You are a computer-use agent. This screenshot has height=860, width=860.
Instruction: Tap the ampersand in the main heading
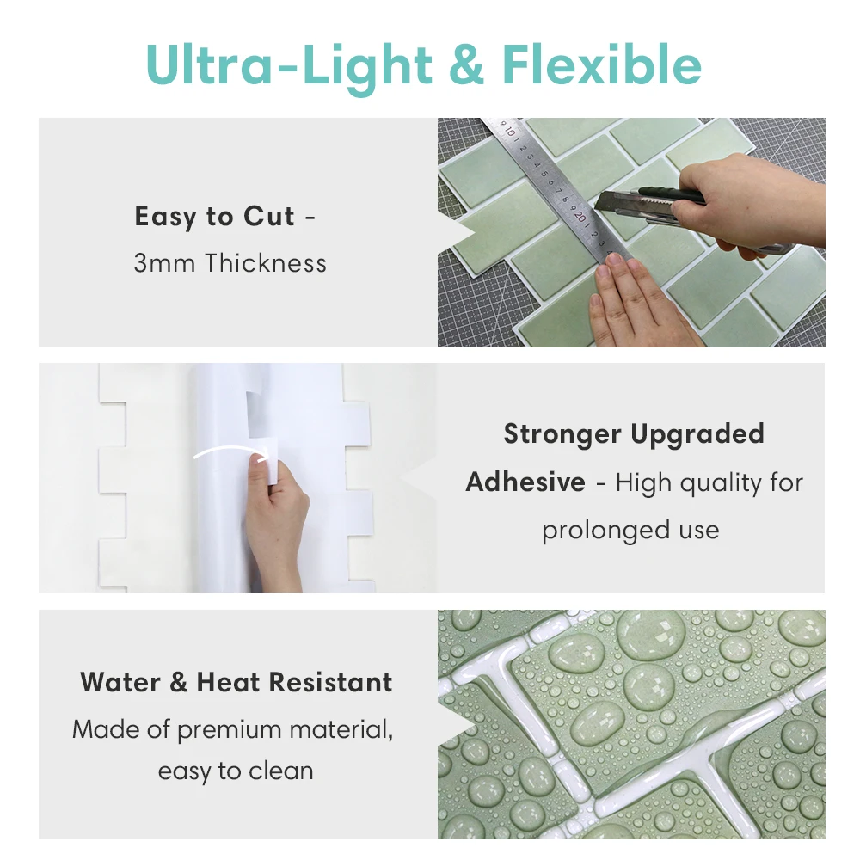(x=466, y=64)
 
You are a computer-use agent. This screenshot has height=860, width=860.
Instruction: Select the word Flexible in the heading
(x=602, y=64)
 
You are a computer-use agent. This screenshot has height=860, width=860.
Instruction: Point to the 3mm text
(x=164, y=262)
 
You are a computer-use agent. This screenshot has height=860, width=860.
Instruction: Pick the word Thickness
(x=266, y=262)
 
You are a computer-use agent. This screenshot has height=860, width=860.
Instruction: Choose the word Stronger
(x=562, y=433)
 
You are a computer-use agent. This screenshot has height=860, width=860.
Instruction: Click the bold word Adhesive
(x=525, y=482)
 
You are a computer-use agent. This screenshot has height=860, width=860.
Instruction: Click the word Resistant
(x=331, y=682)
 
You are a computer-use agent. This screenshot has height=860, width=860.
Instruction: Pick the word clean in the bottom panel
(x=281, y=771)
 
